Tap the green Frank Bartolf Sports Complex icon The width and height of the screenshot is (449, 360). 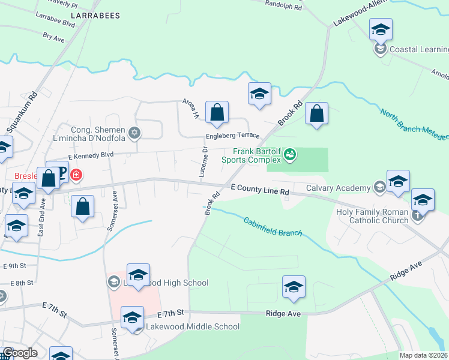coord(291,155)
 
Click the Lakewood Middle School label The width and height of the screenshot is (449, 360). coord(193,327)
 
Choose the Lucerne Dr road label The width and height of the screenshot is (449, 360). coord(202,162)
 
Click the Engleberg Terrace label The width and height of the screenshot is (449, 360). coord(232,136)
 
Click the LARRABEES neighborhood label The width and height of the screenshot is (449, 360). coord(95,15)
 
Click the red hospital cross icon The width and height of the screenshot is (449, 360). coord(76,176)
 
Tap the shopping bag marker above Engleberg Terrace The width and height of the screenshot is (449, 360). coord(217,112)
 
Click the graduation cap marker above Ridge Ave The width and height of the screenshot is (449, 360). coord(294,287)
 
